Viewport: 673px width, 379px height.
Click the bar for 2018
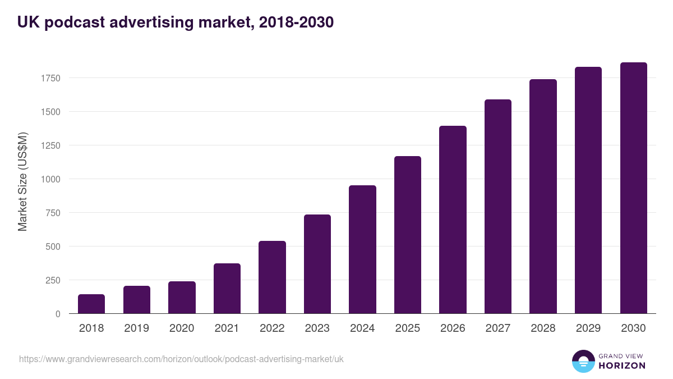point(91,304)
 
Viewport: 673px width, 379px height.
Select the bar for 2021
point(227,289)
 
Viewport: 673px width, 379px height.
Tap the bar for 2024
point(362,249)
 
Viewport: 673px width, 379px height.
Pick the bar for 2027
point(498,207)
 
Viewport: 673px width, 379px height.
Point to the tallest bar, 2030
point(633,188)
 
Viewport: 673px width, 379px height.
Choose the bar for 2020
point(182,298)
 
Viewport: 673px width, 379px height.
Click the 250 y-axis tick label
point(53,280)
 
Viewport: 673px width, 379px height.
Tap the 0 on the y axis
point(58,314)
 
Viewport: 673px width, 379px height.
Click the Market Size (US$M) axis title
point(22,181)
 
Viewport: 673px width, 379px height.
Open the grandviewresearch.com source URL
point(181,359)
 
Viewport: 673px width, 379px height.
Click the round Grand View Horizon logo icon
point(583,361)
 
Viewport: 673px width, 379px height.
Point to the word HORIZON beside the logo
point(621,366)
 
